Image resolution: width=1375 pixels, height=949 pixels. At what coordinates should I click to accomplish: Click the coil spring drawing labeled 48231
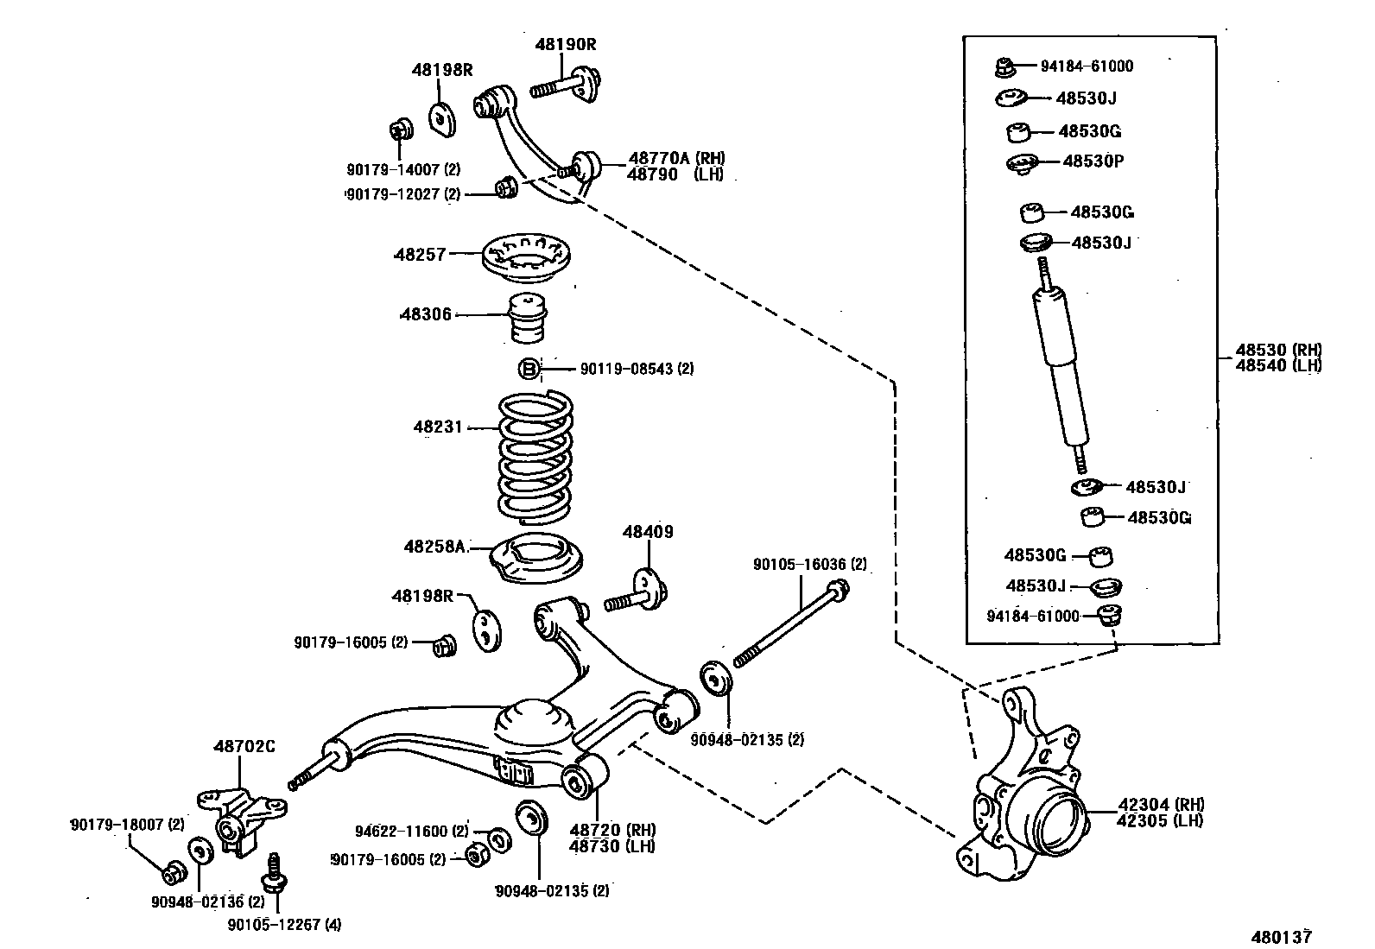point(535,458)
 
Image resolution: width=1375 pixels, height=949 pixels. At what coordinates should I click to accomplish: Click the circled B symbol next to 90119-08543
point(529,370)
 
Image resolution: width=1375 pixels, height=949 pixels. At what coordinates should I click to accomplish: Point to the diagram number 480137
point(1283,936)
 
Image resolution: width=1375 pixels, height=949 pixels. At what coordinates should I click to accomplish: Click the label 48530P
point(1093,161)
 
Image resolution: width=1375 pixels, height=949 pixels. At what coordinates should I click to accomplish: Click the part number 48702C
point(244,746)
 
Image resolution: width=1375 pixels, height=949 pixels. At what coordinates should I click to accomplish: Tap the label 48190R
point(566,44)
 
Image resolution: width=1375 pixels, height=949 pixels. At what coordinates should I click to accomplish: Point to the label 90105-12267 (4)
point(284,924)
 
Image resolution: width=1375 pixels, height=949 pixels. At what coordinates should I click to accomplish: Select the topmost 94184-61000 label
point(1087,66)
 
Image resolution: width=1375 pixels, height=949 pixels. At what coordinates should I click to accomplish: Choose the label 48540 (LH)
point(1278,365)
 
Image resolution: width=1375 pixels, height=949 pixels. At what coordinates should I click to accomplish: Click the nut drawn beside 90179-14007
point(400,131)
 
